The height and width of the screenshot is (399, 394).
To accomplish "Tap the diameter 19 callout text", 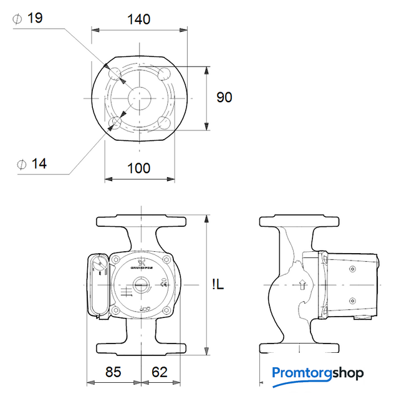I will point(30,18).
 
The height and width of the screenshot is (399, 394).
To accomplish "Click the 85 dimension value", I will point(113,372).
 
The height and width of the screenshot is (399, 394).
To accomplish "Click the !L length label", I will point(218,285).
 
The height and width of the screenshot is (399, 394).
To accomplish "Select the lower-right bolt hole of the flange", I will point(165,122).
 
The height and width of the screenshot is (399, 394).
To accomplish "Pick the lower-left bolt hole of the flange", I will point(115,122).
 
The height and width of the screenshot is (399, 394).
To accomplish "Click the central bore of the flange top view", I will point(138,98).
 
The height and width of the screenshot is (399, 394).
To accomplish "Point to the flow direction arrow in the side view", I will point(303,286).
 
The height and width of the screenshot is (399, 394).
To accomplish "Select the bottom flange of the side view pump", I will point(299,347).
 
